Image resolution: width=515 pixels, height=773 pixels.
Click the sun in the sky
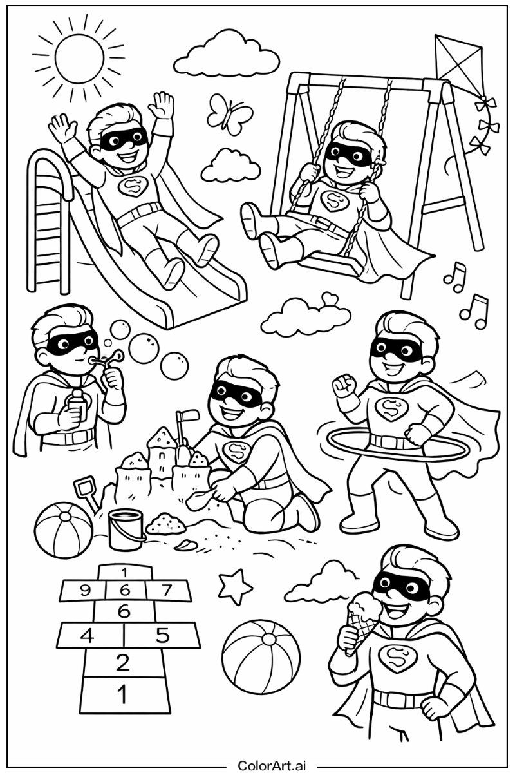click(x=79, y=57)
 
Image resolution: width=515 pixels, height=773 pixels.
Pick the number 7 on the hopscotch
click(x=166, y=589)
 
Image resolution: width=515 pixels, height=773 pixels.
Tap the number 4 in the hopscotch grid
click(x=87, y=636)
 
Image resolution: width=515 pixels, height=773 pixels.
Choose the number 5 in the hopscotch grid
click(x=162, y=636)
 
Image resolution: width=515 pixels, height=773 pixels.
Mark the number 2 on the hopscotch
click(x=122, y=662)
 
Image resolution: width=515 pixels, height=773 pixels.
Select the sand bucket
click(x=126, y=530)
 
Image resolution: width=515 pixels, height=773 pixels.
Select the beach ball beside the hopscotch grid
click(x=261, y=656)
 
